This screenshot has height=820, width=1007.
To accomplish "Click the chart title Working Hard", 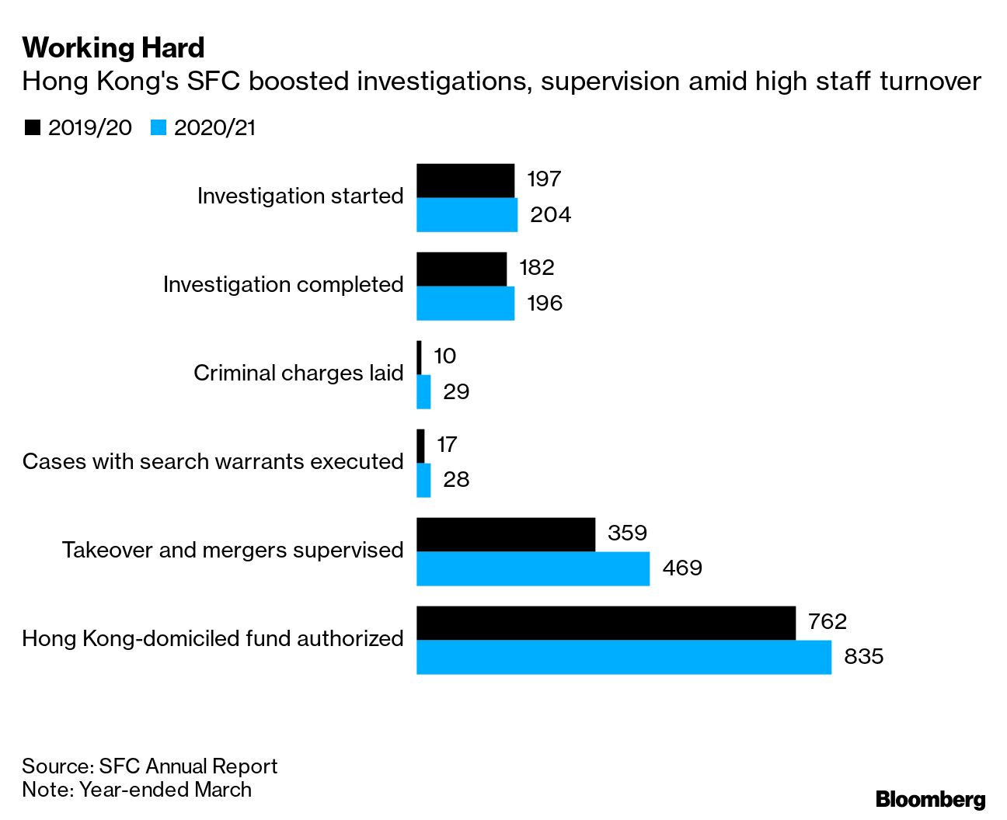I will click(113, 48).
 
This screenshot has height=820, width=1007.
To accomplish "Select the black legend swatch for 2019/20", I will click(33, 128).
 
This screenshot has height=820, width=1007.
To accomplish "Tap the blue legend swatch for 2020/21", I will click(159, 128).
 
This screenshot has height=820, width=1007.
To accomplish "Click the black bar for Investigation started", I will click(465, 180).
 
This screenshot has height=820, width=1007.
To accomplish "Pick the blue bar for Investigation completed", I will click(465, 304).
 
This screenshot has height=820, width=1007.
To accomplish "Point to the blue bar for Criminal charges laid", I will click(423, 392).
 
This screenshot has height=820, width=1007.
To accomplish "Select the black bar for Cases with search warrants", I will click(420, 446).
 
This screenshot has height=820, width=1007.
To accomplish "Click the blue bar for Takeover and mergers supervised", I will click(532, 568).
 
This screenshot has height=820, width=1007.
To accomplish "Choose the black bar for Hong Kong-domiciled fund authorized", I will click(605, 623).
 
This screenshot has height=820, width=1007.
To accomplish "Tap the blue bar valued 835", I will click(623, 658).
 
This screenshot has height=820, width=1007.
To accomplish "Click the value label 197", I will click(544, 179).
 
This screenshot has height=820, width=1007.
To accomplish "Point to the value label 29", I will click(456, 391).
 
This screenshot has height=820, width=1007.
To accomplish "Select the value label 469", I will click(682, 568).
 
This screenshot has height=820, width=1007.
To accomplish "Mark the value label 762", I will click(827, 622).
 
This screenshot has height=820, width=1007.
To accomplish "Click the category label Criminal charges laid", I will click(298, 374).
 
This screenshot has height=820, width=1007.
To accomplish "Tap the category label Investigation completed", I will click(283, 285).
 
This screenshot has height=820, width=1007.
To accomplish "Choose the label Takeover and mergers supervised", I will click(232, 551).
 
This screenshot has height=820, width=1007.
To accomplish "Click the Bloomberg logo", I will click(930, 799).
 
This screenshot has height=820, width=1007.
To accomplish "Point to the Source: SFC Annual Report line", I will click(149, 766).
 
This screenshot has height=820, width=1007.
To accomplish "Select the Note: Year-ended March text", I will click(137, 790).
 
